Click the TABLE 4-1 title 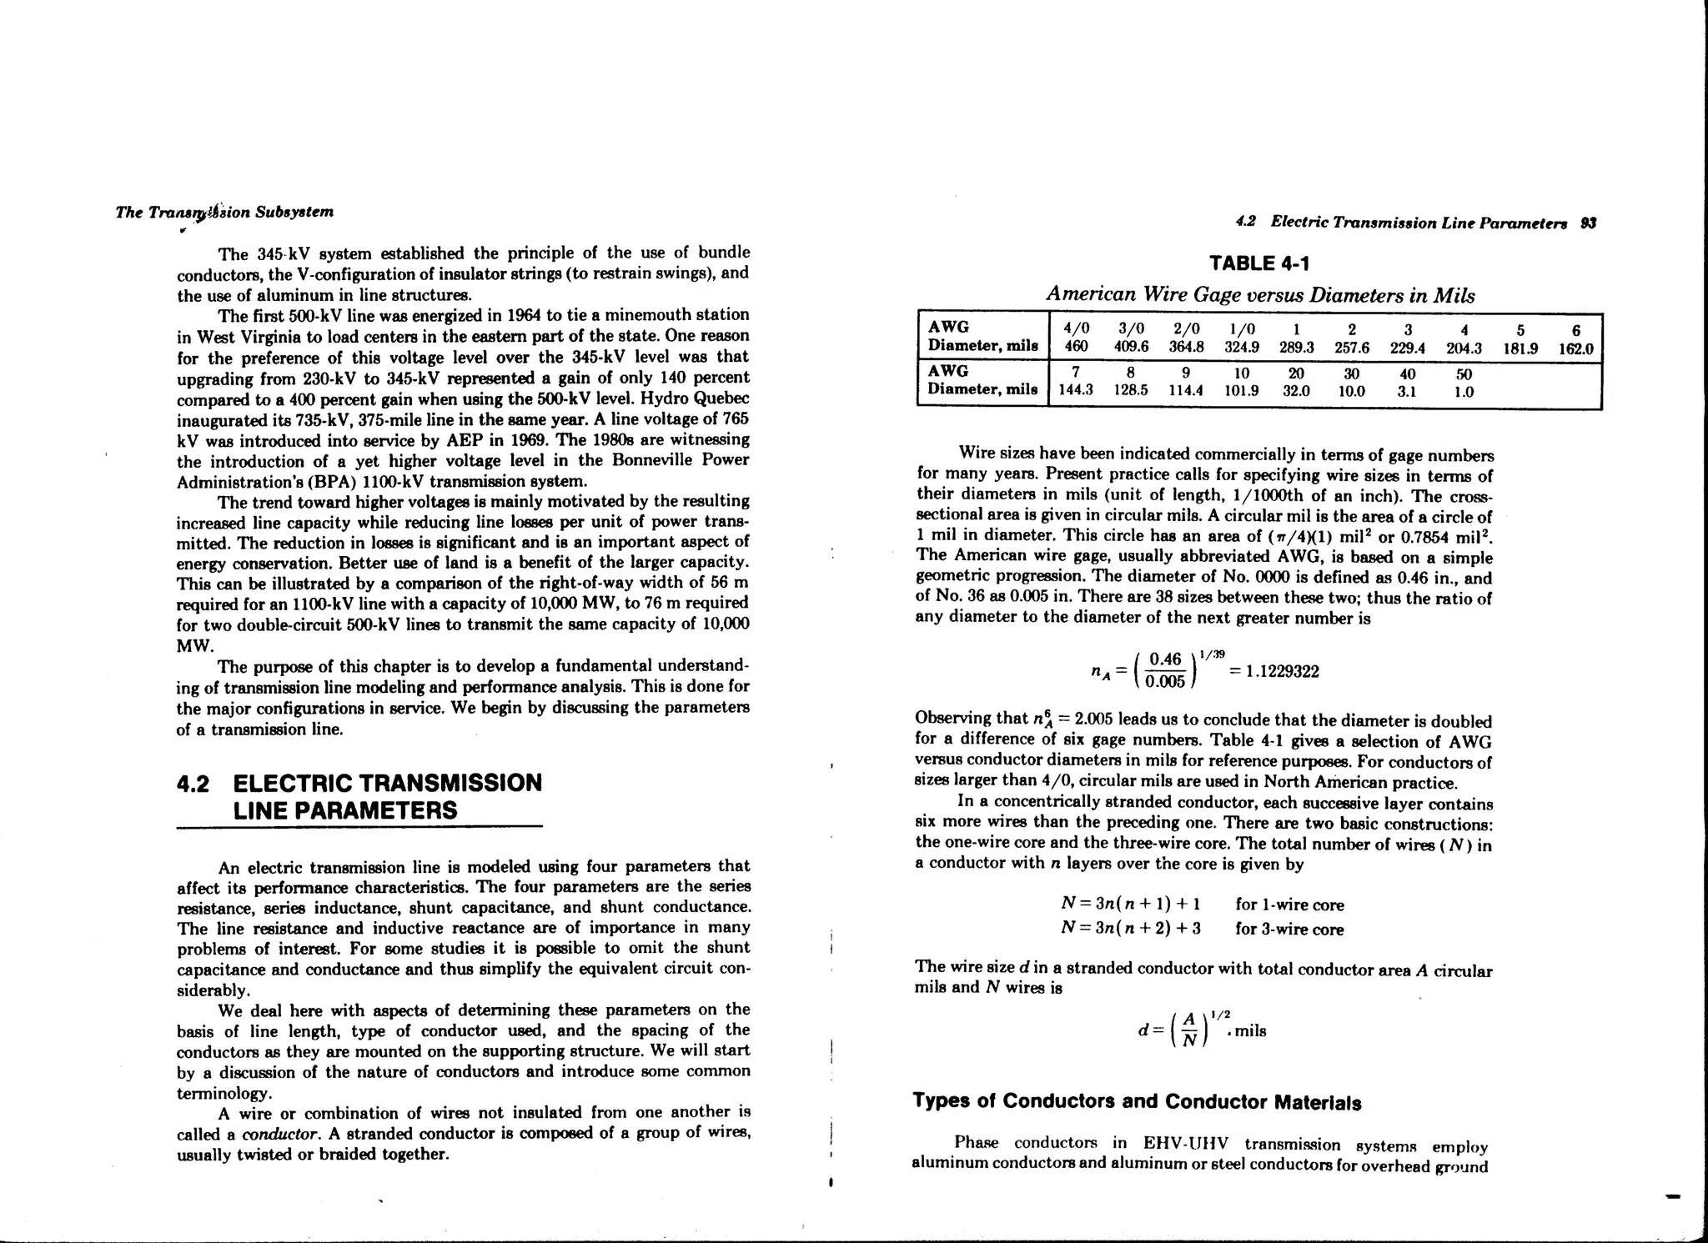[1258, 264]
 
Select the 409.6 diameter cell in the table [1131, 348]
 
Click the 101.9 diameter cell [1241, 391]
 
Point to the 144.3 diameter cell [1076, 391]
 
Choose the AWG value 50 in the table [1464, 374]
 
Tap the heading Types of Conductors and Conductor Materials [1137, 1102]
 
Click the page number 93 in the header [1588, 223]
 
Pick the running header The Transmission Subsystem [224, 212]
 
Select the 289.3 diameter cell [1297, 348]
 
